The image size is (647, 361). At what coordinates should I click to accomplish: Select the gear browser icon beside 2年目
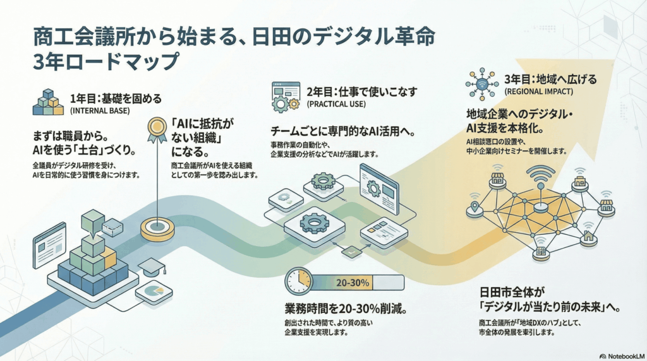point(285,96)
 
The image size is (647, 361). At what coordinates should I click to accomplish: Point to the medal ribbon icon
point(155,131)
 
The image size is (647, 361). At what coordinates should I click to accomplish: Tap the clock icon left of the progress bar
point(298,281)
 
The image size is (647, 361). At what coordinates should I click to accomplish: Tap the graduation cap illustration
point(151,268)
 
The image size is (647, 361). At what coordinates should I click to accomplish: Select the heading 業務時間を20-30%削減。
point(345,310)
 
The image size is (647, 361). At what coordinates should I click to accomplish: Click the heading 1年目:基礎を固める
point(116,98)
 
